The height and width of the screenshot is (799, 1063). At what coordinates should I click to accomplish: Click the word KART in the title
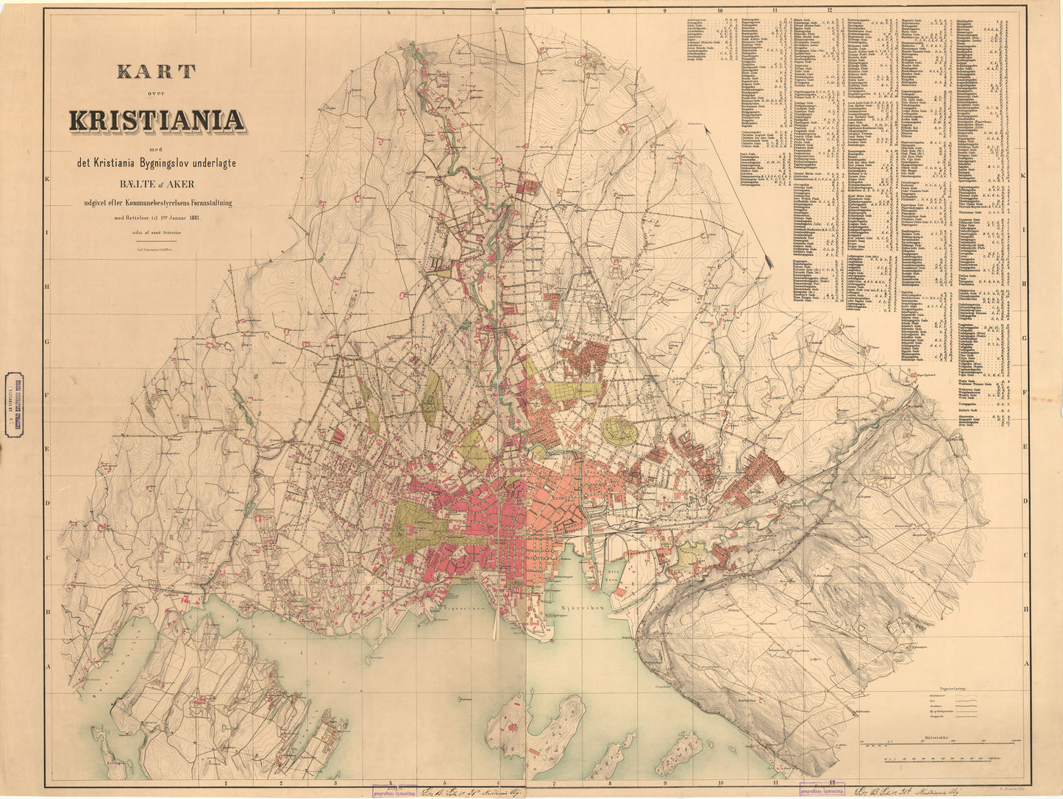156,72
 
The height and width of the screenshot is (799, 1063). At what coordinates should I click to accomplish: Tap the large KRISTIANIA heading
156,120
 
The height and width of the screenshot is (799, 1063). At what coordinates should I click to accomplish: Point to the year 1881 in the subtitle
194,218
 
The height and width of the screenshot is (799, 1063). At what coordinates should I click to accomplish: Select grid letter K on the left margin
46,179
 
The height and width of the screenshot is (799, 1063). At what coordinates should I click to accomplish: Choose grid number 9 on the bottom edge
664,784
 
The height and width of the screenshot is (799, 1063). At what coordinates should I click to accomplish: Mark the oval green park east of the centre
619,431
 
